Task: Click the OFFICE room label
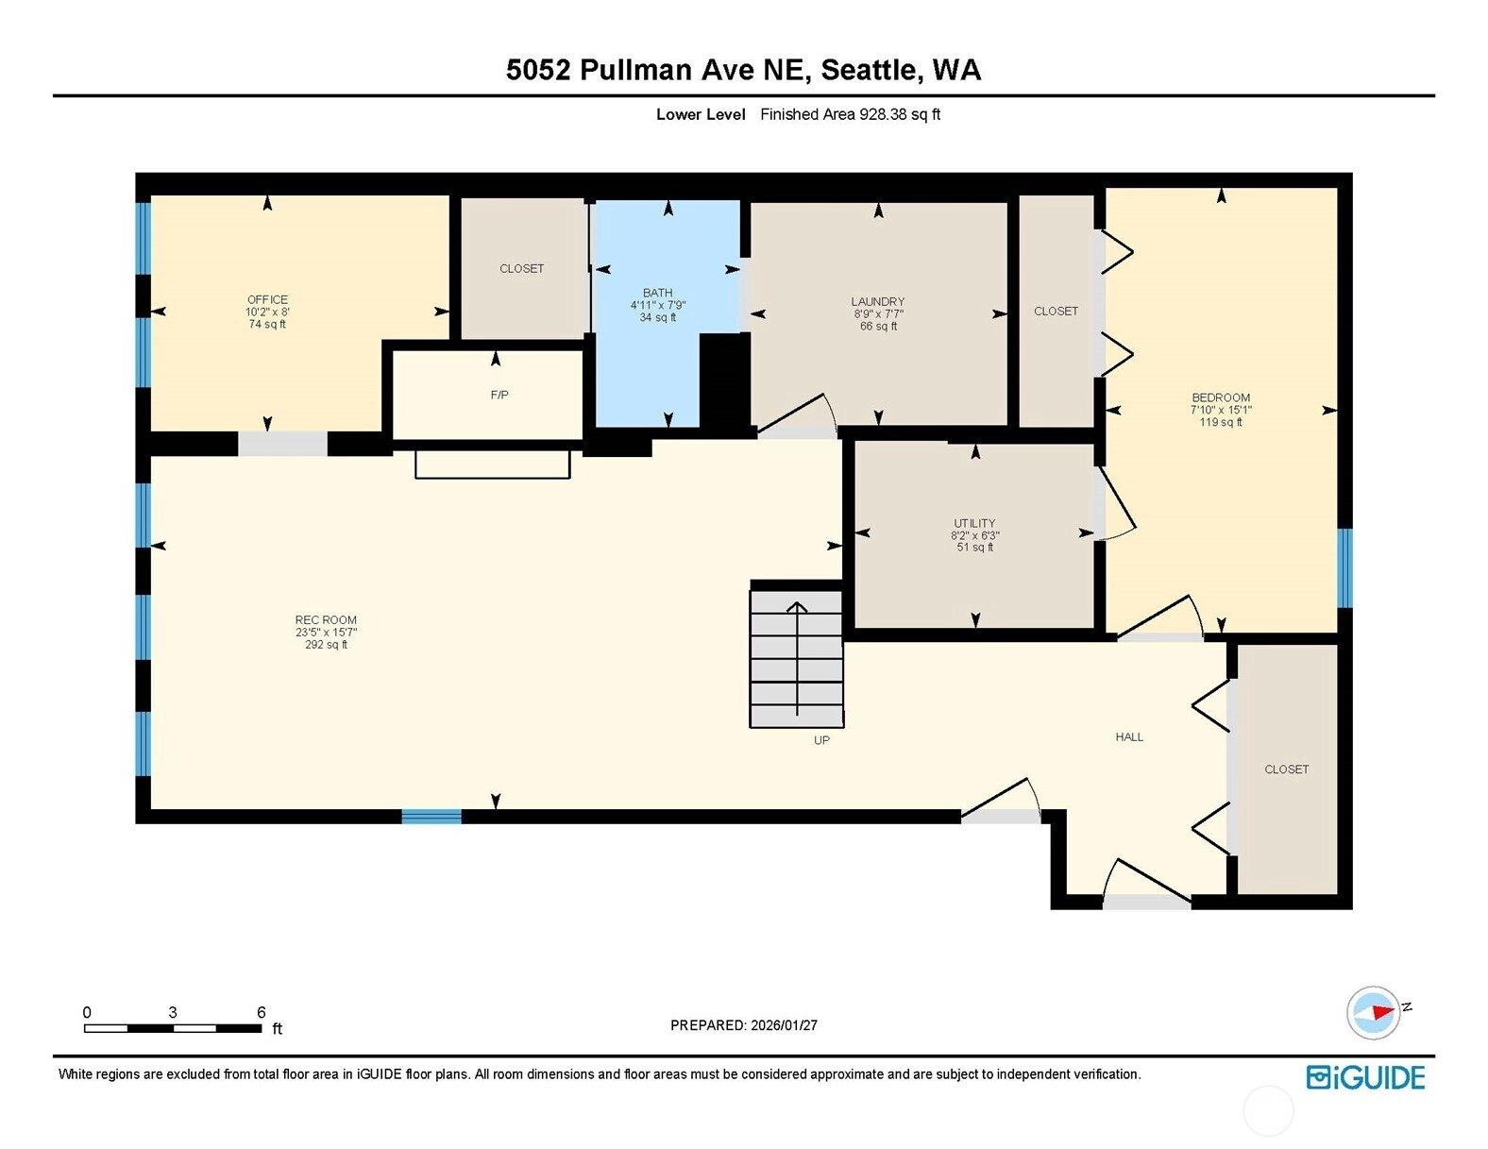[267, 299]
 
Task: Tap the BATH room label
[657, 293]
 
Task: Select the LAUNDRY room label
[878, 301]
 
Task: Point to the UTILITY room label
[974, 523]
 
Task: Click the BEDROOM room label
[1221, 397]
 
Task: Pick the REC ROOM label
[326, 619]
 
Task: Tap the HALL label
[1129, 736]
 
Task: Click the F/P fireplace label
[499, 395]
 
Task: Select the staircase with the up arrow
[796, 658]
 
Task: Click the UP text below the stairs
[821, 740]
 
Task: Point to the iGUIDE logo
[1365, 1077]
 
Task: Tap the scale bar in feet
[173, 1028]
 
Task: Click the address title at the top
[744, 70]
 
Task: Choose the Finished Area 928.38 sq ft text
[850, 114]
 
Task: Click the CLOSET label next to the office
[522, 268]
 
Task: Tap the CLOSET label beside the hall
[1287, 769]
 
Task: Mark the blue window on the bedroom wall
[1344, 567]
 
